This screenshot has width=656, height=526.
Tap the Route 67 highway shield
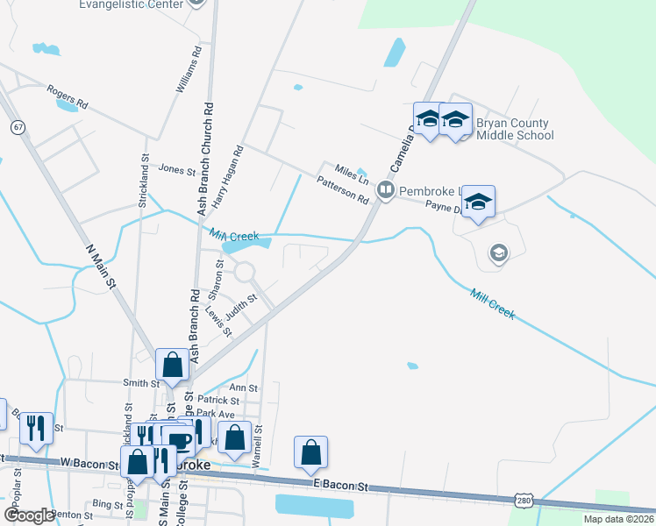[18, 127]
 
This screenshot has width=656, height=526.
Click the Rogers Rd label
[68, 96]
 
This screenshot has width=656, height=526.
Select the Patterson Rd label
[343, 189]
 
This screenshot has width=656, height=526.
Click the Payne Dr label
[443, 207]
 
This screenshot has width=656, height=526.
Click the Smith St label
[140, 383]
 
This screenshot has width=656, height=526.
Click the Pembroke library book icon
[384, 190]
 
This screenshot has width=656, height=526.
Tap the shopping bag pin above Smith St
[172, 365]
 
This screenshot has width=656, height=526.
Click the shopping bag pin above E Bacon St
[310, 451]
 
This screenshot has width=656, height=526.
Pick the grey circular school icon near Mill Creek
[498, 254]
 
